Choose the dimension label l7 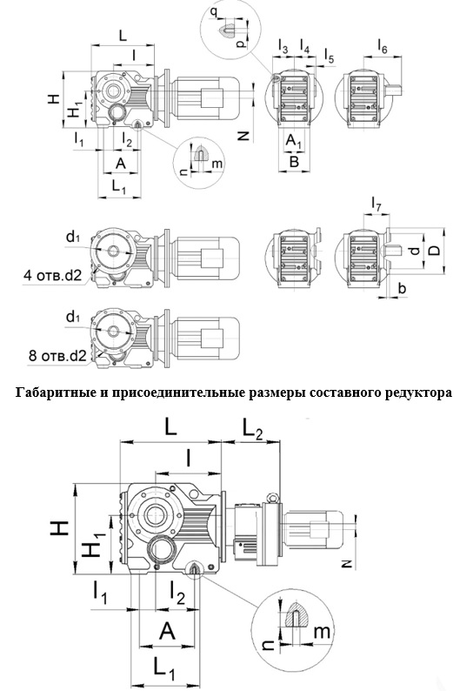pyautogui.click(x=376, y=205)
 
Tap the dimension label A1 pyautogui.click(x=294, y=139)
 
